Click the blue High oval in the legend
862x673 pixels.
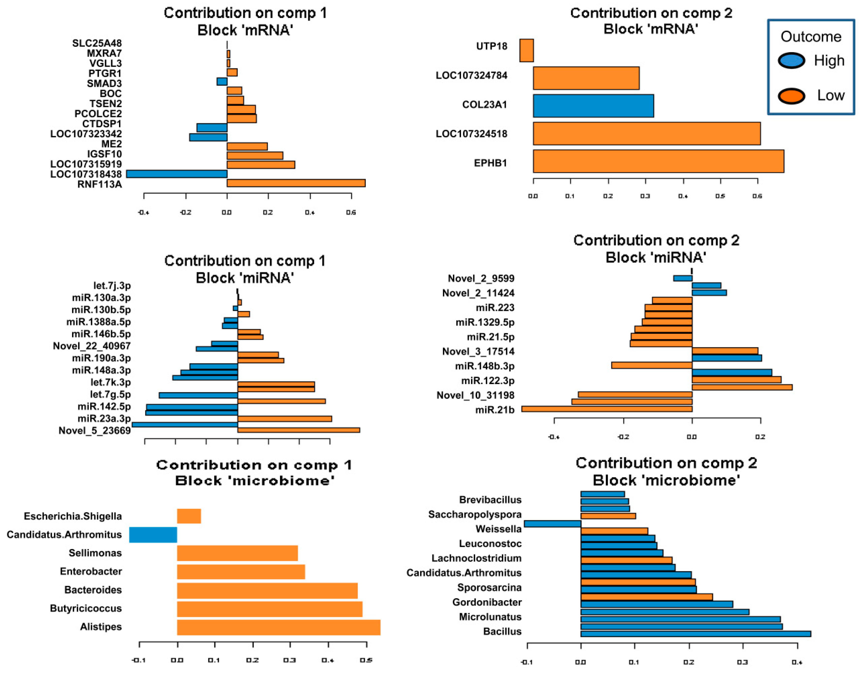791,61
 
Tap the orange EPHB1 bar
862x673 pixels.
658,161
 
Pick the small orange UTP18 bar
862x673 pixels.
526,50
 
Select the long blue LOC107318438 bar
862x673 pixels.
177,174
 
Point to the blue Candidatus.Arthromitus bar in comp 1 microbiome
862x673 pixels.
153,535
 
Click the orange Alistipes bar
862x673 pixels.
279,627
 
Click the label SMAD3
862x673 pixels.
104,84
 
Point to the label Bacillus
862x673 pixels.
502,632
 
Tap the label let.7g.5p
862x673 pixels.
110,394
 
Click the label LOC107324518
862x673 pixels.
471,134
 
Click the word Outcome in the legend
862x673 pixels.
811,37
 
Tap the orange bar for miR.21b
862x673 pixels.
607,409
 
